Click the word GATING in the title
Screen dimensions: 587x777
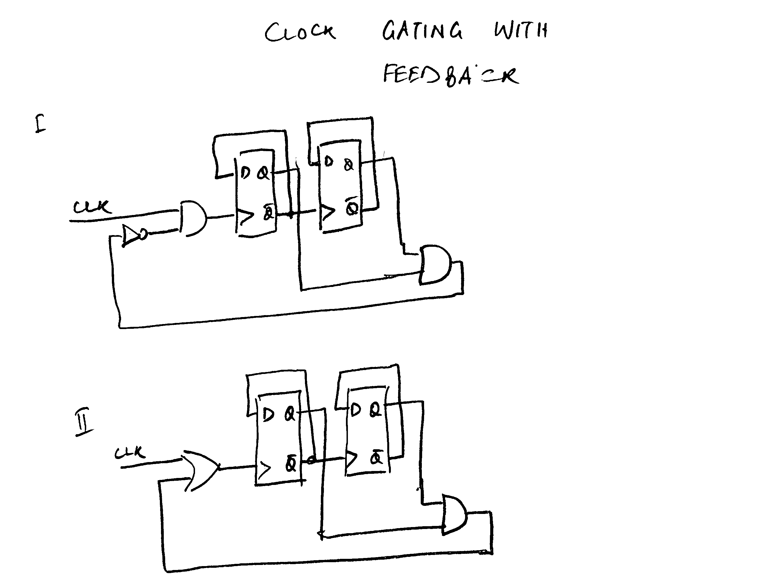[422, 31]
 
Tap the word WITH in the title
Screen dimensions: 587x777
[521, 30]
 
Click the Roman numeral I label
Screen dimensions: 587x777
[40, 124]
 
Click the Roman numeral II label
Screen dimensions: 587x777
[84, 422]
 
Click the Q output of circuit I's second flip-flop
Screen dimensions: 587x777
[348, 164]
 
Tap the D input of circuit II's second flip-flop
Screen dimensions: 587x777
[355, 410]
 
